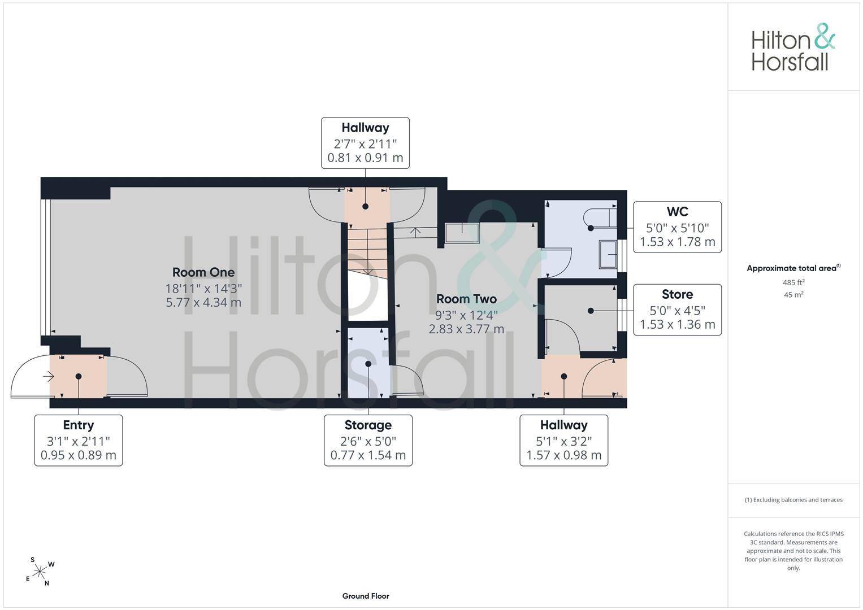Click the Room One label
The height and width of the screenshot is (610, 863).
click(x=203, y=272)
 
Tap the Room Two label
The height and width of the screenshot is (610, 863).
click(x=466, y=299)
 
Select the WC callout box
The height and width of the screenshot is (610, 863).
click(x=677, y=227)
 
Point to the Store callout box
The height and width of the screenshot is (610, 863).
click(x=677, y=310)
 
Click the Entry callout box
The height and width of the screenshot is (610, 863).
click(x=79, y=440)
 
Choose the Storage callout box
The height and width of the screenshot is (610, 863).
click(x=368, y=440)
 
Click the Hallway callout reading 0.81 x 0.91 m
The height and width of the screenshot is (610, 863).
click(x=365, y=143)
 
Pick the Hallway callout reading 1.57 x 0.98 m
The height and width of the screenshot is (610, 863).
click(x=563, y=440)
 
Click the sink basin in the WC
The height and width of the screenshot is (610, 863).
click(x=608, y=255)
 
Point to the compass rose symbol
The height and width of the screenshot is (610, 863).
click(x=40, y=572)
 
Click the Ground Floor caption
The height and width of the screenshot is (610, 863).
click(x=366, y=596)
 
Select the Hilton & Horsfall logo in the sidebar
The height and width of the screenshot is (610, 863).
click(x=793, y=47)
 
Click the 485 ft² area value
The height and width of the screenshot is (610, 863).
click(x=793, y=282)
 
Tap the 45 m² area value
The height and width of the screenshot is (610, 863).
click(x=793, y=295)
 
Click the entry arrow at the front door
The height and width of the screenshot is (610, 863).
click(x=49, y=376)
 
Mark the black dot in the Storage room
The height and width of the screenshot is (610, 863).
click(x=368, y=364)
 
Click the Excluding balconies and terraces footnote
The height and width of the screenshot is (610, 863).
click(x=793, y=500)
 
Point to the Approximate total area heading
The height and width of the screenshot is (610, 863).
click(x=793, y=268)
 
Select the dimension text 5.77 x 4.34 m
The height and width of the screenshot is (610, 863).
click(x=203, y=302)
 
